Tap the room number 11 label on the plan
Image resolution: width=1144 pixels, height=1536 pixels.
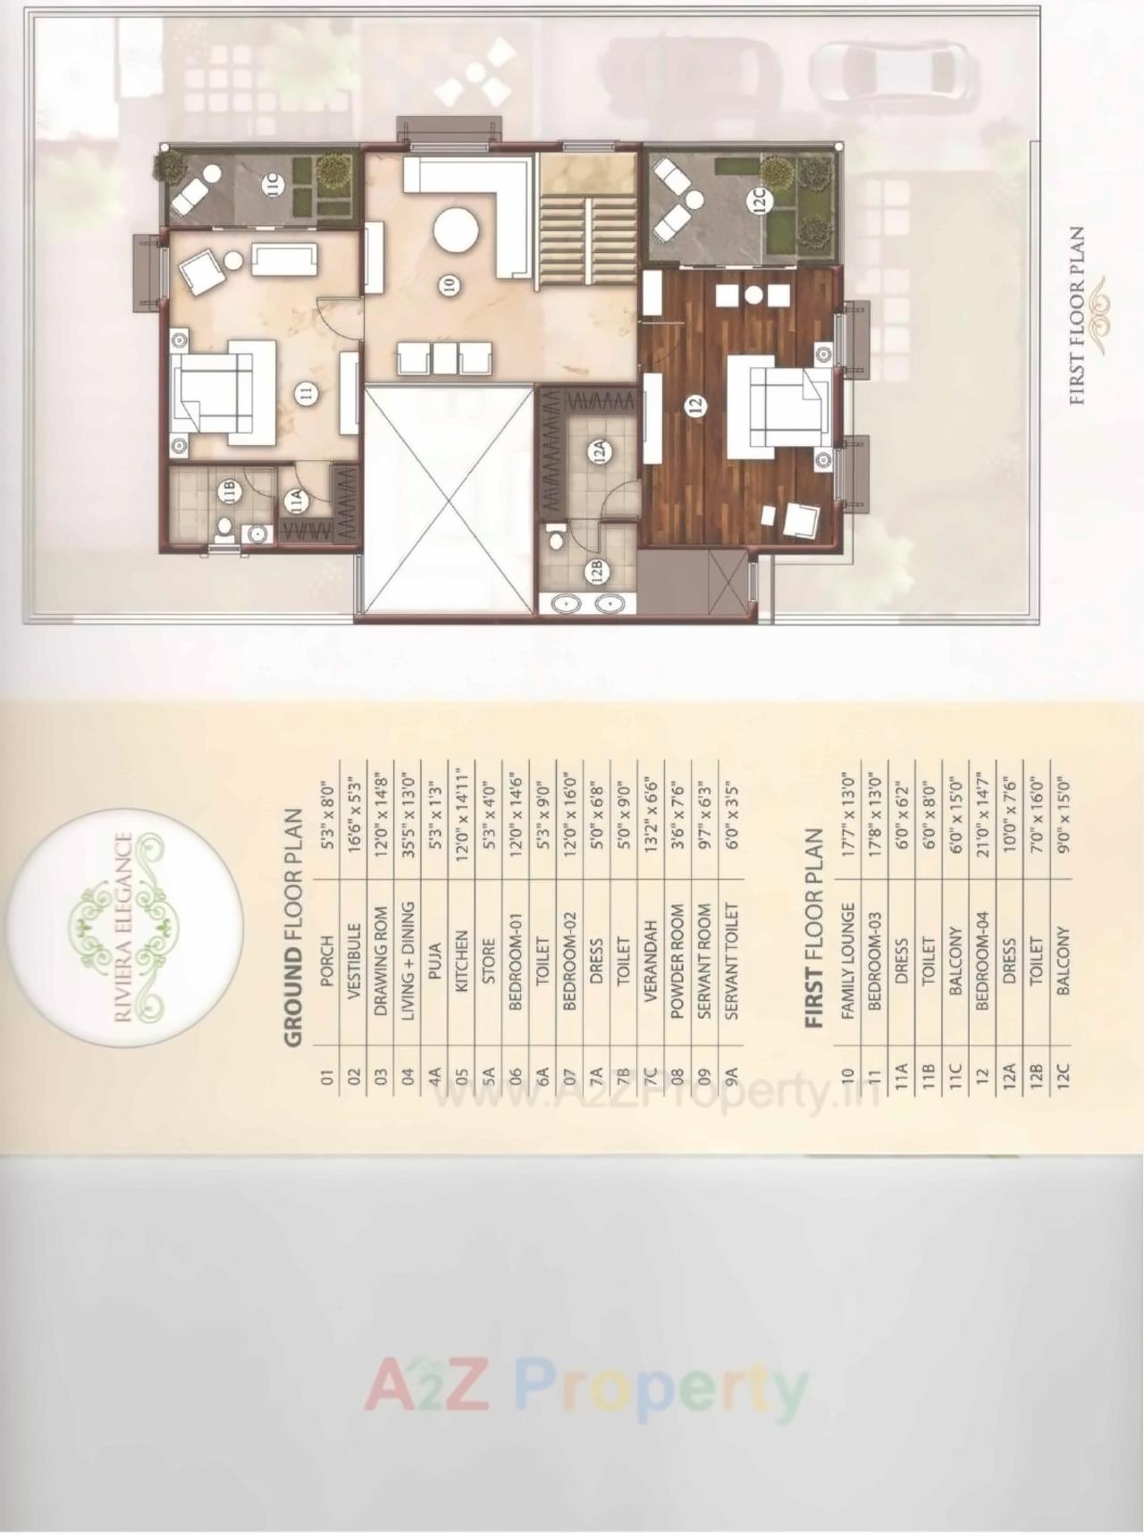coord(307,394)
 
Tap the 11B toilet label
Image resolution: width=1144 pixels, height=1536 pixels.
coord(229,490)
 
